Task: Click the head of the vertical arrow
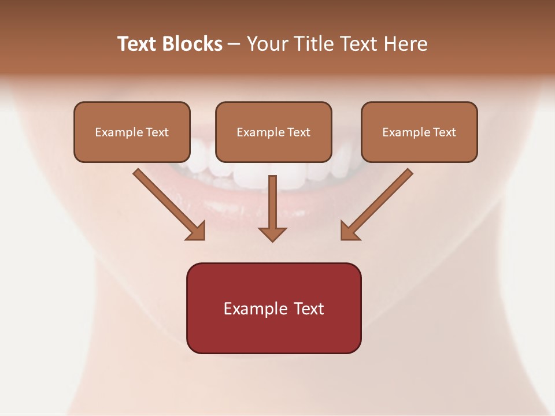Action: click(x=272, y=233)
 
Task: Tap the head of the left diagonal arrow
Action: click(x=197, y=231)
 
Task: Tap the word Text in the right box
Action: click(x=445, y=132)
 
